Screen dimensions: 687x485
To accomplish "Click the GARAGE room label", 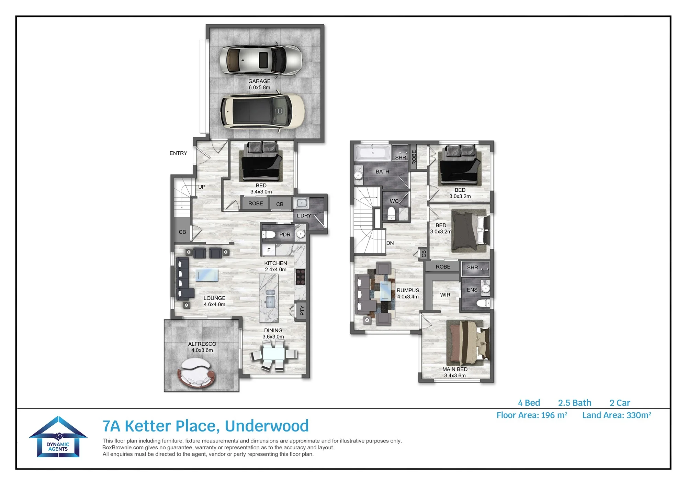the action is [x=259, y=81].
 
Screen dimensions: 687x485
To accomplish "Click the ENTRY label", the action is [x=178, y=153].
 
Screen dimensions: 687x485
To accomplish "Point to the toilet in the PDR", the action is [x=269, y=235].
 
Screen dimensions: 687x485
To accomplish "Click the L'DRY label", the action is [x=304, y=216].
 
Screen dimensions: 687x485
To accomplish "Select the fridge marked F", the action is [x=269, y=250].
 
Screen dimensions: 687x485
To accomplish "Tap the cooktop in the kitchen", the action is [x=301, y=277].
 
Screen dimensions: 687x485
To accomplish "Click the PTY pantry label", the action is [x=302, y=310].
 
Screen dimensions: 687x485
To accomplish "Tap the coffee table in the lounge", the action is [x=207, y=275].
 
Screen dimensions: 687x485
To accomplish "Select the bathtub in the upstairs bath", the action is [x=373, y=153].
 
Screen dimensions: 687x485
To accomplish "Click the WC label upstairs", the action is [x=394, y=201].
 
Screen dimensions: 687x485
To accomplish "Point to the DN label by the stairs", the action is [x=390, y=243].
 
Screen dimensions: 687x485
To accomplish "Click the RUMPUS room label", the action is [x=408, y=290].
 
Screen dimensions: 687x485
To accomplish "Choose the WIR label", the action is [x=445, y=295].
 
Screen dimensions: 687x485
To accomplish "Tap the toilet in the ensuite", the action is [x=483, y=303].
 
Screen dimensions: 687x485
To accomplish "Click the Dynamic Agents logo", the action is [x=58, y=437].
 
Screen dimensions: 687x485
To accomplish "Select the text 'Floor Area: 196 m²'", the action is [x=532, y=415].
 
